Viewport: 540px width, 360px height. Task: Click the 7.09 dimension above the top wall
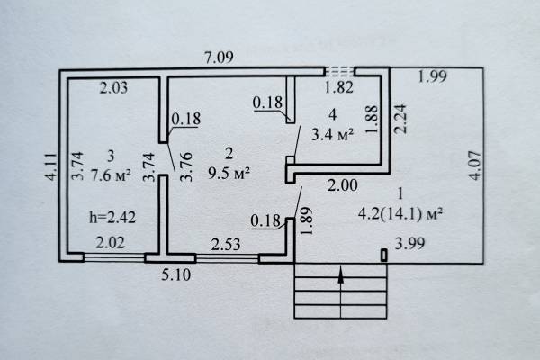[x=219, y=58]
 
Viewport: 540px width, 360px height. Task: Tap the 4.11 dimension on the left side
[x=50, y=167]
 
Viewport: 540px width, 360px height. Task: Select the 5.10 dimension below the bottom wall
[x=176, y=274]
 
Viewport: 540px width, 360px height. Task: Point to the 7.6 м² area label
[x=111, y=175]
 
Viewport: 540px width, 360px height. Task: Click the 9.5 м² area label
[x=229, y=173]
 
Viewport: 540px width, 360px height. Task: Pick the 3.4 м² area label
[x=332, y=134]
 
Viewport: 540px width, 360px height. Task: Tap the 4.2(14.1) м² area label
[x=400, y=214]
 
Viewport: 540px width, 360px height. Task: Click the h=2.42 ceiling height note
[x=112, y=218]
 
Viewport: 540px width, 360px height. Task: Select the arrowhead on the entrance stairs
[x=341, y=276]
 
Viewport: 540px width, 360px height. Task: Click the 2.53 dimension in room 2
[x=226, y=245]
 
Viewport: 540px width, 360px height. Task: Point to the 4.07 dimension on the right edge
[x=475, y=166]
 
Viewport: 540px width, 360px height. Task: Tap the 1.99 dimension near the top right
[x=433, y=76]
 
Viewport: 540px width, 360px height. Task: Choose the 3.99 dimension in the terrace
[x=409, y=244]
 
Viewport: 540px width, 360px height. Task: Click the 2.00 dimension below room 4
[x=342, y=185]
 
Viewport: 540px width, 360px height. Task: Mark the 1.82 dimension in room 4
[x=339, y=87]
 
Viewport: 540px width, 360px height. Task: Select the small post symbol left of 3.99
[x=384, y=256]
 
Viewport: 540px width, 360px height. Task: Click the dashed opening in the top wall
[x=340, y=71]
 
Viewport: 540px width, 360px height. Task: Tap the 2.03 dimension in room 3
[x=113, y=87]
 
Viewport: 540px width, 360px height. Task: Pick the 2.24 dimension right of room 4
[x=400, y=119]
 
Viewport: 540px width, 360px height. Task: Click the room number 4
[x=332, y=114]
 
